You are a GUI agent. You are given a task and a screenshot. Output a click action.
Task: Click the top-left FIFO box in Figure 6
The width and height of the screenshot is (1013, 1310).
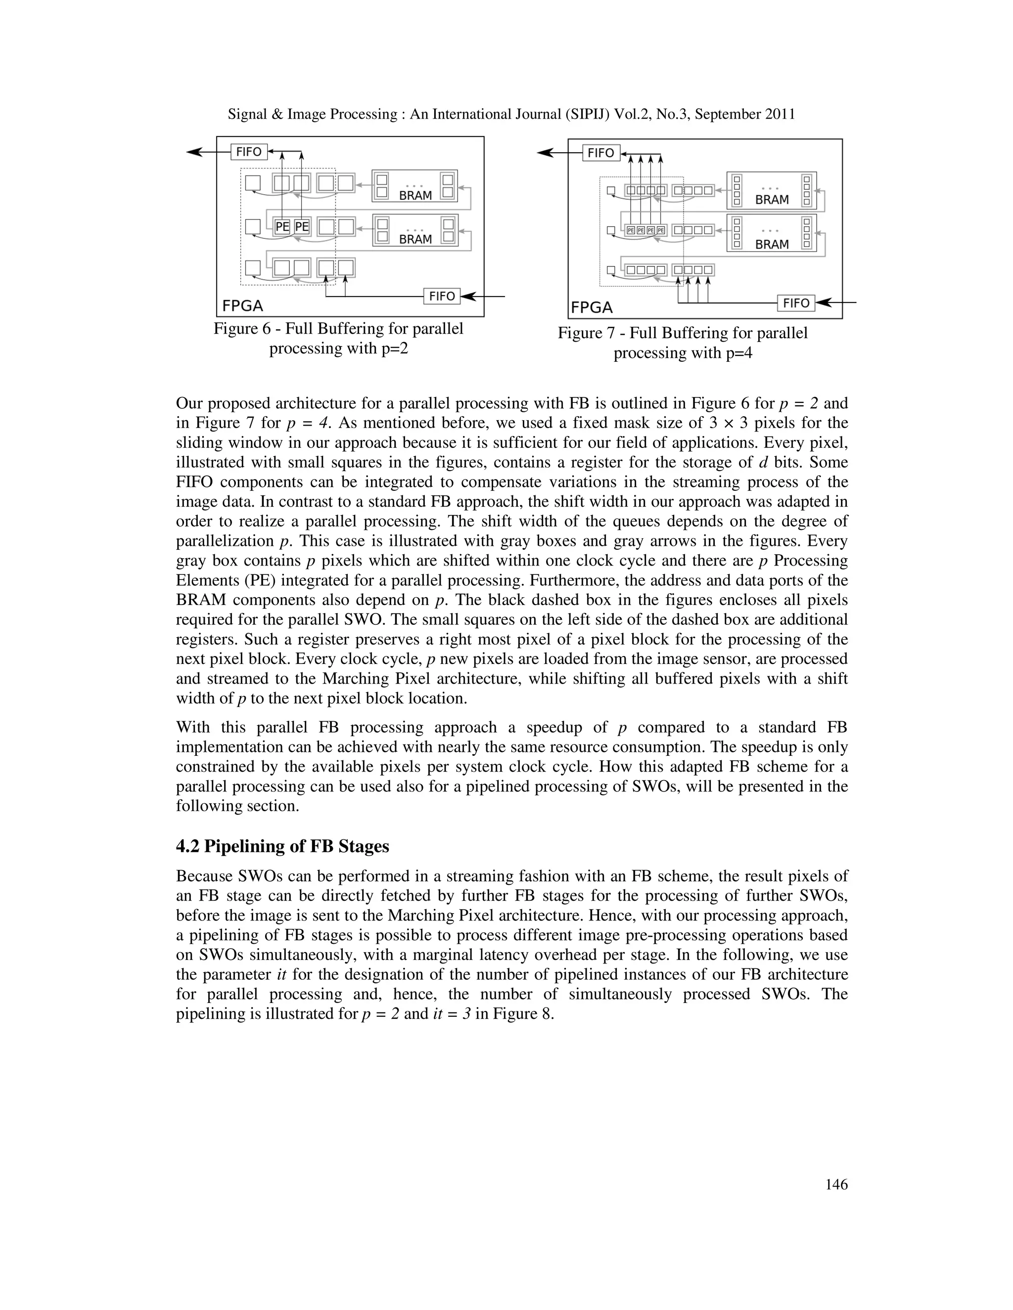[248, 152]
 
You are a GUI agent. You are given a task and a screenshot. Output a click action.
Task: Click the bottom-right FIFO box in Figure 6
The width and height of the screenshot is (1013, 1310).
[442, 296]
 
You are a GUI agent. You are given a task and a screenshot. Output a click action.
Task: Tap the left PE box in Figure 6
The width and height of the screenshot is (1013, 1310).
[282, 227]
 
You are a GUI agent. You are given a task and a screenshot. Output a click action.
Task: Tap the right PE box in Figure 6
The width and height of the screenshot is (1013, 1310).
[302, 227]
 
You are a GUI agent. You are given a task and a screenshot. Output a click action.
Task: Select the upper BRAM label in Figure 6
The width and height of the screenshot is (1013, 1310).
[415, 196]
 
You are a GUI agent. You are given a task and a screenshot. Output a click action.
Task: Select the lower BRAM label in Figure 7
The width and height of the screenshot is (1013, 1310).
[772, 245]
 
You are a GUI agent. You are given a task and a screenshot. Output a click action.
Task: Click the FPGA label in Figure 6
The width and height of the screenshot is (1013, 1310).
[242, 306]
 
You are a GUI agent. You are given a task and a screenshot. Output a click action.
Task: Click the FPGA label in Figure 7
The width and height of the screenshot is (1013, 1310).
[592, 307]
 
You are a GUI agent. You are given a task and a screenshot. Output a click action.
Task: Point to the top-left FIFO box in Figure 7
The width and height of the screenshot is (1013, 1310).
[600, 153]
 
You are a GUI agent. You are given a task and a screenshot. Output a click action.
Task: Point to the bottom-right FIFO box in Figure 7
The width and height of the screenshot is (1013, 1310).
[796, 303]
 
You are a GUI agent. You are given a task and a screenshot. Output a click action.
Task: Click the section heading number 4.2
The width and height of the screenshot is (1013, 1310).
[188, 846]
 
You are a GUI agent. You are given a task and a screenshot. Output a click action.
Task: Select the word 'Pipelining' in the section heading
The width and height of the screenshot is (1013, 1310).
[244, 846]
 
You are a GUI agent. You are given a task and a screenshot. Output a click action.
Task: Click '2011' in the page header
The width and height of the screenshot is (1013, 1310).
[780, 114]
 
